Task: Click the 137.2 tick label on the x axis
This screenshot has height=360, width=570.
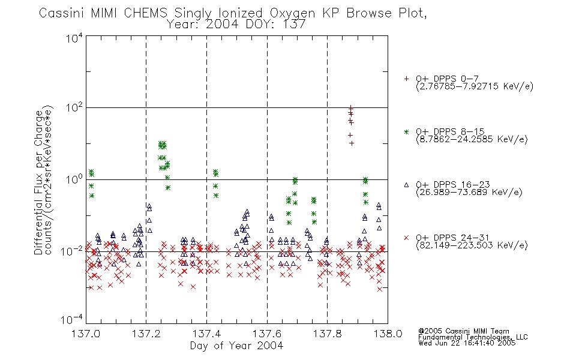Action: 146,334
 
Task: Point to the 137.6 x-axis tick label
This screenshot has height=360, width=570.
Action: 267,334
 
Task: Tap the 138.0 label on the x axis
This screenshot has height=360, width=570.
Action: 388,334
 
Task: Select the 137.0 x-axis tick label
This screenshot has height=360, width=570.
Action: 86,334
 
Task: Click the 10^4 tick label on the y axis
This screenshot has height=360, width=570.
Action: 74,38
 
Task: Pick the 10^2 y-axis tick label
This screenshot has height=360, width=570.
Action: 74,109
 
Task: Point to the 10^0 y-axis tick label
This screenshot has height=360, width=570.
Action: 74,180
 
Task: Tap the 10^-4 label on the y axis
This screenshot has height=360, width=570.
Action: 72,320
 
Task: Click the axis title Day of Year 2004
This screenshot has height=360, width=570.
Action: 236,346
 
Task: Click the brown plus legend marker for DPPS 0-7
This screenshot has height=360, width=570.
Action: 406,79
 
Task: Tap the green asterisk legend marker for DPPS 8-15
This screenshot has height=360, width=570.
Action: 406,132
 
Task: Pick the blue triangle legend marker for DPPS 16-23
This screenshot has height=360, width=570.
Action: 406,185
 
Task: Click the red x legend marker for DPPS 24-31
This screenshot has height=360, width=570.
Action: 406,238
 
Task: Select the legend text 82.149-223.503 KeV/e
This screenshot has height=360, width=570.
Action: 472,245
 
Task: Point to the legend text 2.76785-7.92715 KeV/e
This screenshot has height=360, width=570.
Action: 475,86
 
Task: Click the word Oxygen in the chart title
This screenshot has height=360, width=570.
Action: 293,13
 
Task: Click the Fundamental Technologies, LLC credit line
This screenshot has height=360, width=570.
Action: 473,337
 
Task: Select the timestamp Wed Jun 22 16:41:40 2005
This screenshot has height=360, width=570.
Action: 467,343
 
